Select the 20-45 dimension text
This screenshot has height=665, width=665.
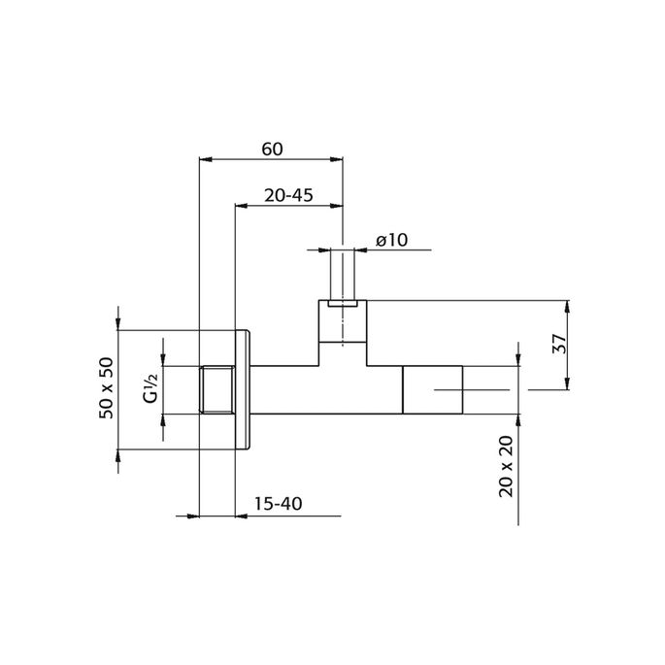click(x=288, y=195)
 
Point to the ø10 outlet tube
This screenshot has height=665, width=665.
click(x=343, y=275)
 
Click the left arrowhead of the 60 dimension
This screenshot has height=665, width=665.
click(x=203, y=159)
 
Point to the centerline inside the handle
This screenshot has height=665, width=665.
click(x=471, y=390)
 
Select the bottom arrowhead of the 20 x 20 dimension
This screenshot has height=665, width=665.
click(x=518, y=419)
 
